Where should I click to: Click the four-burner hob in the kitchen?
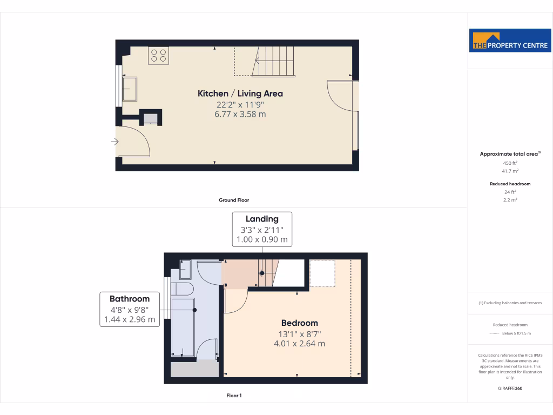[158, 56]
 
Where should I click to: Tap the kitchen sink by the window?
[130, 89]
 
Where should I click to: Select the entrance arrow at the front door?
[114, 142]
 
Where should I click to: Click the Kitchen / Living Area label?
[240, 93]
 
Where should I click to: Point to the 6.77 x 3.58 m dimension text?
[240, 114]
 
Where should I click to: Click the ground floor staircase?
[274, 61]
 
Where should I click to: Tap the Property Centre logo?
[510, 41]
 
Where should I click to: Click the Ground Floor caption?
[234, 200]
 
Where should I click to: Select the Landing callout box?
[262, 229]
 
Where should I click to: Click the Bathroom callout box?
[130, 309]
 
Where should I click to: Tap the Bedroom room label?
[299, 323]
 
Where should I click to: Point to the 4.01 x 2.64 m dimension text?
[299, 343]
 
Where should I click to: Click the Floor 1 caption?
[234, 396]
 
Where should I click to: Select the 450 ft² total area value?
[510, 163]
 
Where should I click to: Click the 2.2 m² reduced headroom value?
[510, 200]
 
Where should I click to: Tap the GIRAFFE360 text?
[510, 389]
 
